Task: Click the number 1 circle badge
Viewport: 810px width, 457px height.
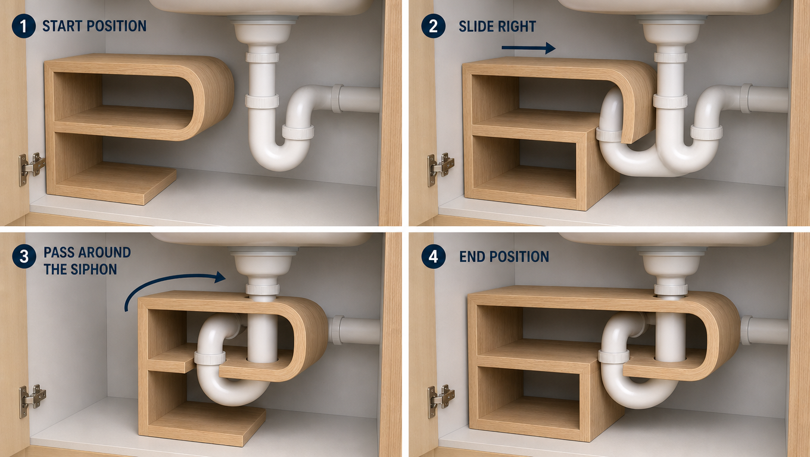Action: pyautogui.click(x=23, y=26)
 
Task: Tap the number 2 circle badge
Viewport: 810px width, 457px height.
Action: pyautogui.click(x=433, y=26)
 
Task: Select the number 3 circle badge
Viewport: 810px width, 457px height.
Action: pyautogui.click(x=24, y=256)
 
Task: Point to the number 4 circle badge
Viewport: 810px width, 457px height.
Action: pyautogui.click(x=433, y=256)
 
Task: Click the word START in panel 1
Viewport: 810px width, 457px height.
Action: pyautogui.click(x=62, y=26)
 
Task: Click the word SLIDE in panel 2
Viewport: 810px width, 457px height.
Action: pyautogui.click(x=476, y=26)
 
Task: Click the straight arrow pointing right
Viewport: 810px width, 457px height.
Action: pyautogui.click(x=528, y=48)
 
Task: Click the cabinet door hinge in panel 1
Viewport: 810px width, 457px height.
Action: pyautogui.click(x=32, y=168)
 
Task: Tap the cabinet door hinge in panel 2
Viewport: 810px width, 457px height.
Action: pyautogui.click(x=441, y=169)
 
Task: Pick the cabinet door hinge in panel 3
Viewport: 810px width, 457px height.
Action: pyautogui.click(x=32, y=401)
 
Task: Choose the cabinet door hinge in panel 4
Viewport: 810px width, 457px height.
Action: pyautogui.click(x=441, y=401)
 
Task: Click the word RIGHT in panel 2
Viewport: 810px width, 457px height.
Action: pyautogui.click(x=517, y=26)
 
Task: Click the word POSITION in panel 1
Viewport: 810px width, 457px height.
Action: pyautogui.click(x=117, y=26)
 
